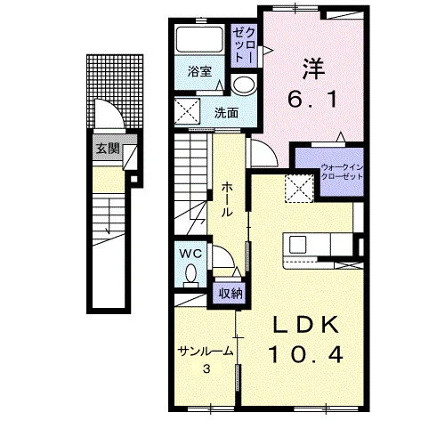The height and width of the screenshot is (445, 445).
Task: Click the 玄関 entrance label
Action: tap(108, 149)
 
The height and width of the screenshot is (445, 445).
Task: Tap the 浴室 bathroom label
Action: tap(199, 71)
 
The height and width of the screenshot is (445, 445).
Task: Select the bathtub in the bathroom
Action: tap(199, 40)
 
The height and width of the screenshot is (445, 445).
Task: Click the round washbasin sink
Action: tap(244, 85)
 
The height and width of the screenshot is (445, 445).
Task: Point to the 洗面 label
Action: tap(227, 113)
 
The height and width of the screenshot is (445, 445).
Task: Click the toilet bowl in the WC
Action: tap(190, 273)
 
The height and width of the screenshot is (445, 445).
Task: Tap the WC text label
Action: tap(190, 254)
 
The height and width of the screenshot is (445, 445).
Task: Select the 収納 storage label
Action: tap(231, 294)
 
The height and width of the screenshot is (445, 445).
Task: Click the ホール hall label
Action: tap(227, 199)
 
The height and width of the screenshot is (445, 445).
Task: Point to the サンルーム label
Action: tap(206, 352)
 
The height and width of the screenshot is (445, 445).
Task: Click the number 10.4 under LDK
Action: tap(306, 355)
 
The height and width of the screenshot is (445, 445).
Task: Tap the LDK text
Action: tap(306, 325)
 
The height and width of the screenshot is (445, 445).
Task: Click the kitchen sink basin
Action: tap(297, 244)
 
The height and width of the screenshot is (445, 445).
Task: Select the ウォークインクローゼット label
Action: tap(343, 172)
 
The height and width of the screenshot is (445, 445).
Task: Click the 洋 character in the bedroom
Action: tap(313, 69)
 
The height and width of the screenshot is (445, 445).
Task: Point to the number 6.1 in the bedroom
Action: tap(312, 99)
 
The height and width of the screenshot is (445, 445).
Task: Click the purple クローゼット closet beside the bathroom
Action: tap(243, 45)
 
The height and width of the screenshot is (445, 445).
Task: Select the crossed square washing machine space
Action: tap(187, 111)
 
